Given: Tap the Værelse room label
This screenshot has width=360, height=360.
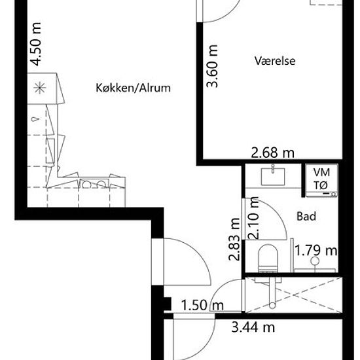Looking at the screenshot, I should coord(276,61).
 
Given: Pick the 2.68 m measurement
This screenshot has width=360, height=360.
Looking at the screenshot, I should coord(272,153).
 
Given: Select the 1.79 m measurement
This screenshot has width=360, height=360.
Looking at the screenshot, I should coord(316,250).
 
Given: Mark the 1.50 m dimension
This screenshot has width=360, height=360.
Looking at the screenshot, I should coord(202,306).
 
